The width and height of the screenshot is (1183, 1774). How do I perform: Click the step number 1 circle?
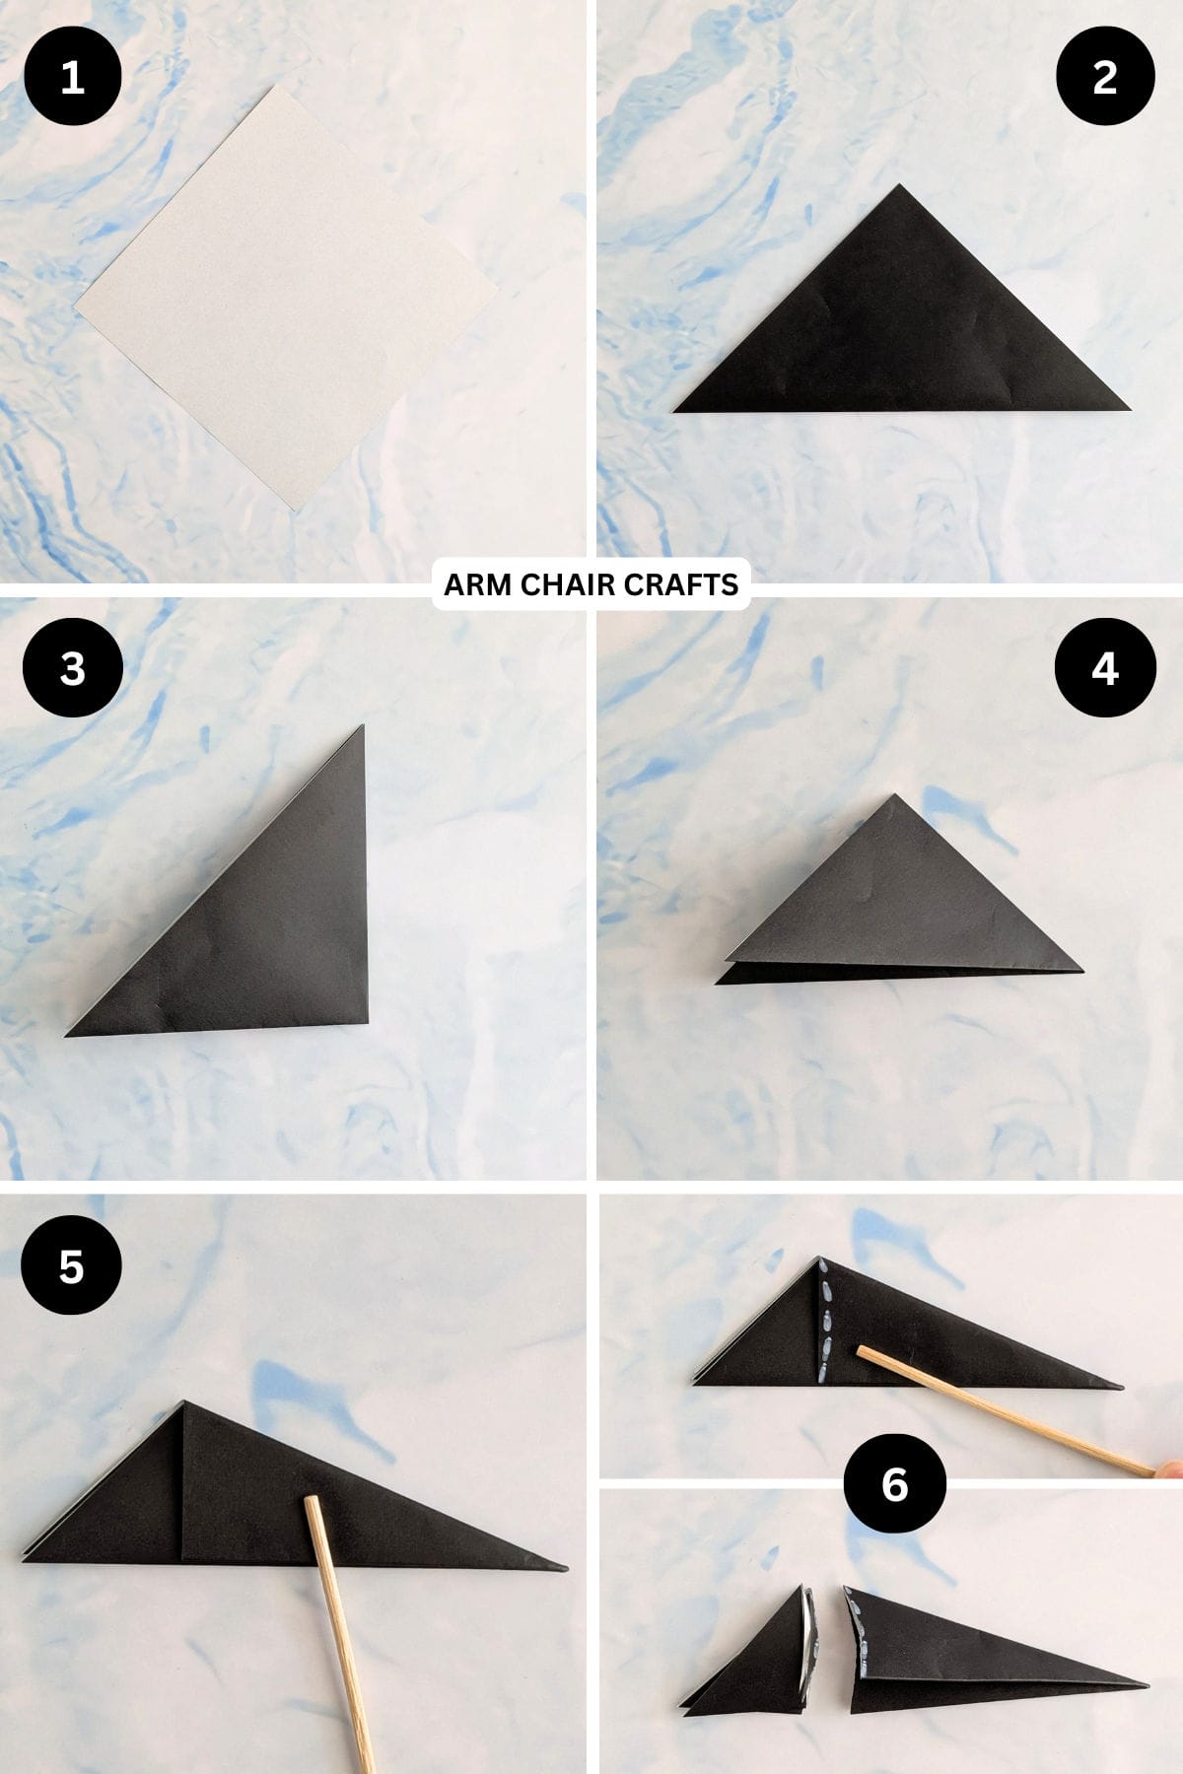72,77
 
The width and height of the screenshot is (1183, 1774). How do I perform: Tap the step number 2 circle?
1104,77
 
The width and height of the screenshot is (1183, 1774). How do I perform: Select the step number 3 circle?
72,668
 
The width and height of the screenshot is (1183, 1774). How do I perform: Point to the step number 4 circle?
1104,668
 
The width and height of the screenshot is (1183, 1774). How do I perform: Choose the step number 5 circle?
71,1265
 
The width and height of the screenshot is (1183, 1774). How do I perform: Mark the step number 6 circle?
894,1483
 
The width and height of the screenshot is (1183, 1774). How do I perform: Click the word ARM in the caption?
478,585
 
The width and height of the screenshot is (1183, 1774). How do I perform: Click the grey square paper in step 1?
286,296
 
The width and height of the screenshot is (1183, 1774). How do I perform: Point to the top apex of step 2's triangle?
898,186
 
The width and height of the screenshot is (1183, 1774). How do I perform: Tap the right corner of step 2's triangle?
1127,407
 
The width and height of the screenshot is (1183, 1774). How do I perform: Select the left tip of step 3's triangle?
69,1033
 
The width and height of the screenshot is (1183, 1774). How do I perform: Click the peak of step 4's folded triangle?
894,795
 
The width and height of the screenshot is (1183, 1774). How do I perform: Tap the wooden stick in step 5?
340,1626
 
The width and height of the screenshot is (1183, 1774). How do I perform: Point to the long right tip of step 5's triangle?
564,1566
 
